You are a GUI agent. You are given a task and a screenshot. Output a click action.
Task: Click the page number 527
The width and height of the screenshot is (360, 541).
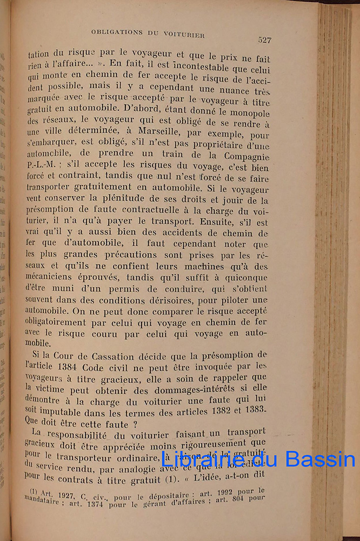click(264, 39)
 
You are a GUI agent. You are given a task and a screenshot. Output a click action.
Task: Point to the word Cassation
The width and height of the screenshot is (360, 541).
click(119, 354)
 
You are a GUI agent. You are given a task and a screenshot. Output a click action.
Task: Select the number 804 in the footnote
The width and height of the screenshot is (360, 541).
click(240, 498)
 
